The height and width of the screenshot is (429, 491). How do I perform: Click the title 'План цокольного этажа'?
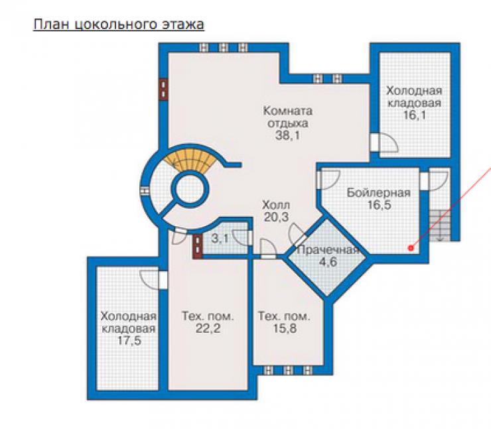point(119,25)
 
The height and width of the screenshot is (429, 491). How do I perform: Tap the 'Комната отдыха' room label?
point(288,117)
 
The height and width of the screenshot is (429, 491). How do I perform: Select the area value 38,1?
point(288,135)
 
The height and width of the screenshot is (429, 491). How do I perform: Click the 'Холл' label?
point(276,205)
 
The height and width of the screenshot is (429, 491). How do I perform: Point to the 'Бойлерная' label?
point(379,193)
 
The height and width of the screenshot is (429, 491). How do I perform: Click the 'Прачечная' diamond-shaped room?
point(327,257)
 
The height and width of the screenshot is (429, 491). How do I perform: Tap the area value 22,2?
point(208,328)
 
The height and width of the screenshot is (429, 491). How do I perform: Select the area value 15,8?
point(285,328)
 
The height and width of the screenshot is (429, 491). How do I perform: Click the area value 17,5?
point(129,340)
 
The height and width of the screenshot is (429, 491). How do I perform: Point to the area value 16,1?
point(414,115)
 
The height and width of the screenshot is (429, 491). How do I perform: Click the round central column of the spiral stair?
point(190,189)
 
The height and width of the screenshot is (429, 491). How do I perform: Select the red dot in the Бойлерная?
point(411,248)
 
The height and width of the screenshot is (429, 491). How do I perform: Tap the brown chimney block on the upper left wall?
point(163,90)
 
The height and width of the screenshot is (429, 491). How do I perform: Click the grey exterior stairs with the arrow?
point(440,225)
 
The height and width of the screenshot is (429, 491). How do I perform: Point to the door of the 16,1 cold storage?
point(384,143)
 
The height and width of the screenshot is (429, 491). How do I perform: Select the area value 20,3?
point(276,217)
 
